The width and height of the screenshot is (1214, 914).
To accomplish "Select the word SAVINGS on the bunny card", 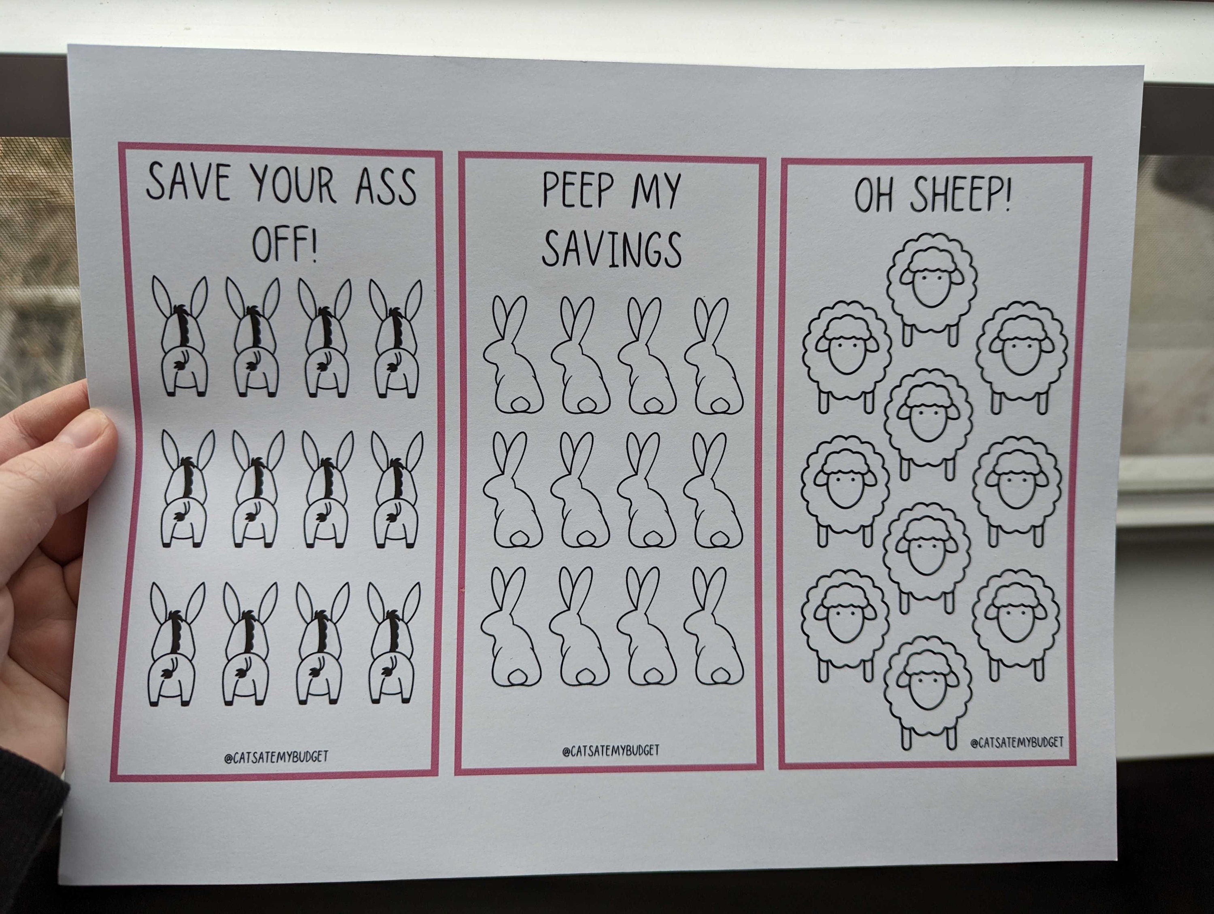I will [611, 249].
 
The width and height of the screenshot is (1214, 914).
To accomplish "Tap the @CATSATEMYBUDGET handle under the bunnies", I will [610, 750].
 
